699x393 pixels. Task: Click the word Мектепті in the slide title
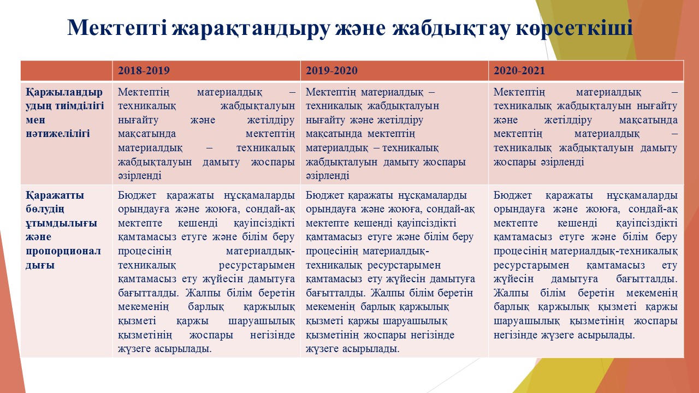(117, 28)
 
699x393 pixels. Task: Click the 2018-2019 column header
(144, 70)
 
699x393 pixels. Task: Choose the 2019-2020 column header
(331, 70)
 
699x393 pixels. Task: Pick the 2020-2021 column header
(519, 70)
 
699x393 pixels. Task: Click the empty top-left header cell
(67, 70)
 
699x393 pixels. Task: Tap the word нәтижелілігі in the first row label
(58, 134)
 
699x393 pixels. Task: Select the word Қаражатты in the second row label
(55, 195)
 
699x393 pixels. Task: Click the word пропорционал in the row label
(63, 252)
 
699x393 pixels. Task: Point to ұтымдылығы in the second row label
(62, 223)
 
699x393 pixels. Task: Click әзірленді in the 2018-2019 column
(139, 176)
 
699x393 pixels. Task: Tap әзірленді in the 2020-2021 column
(562, 162)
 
